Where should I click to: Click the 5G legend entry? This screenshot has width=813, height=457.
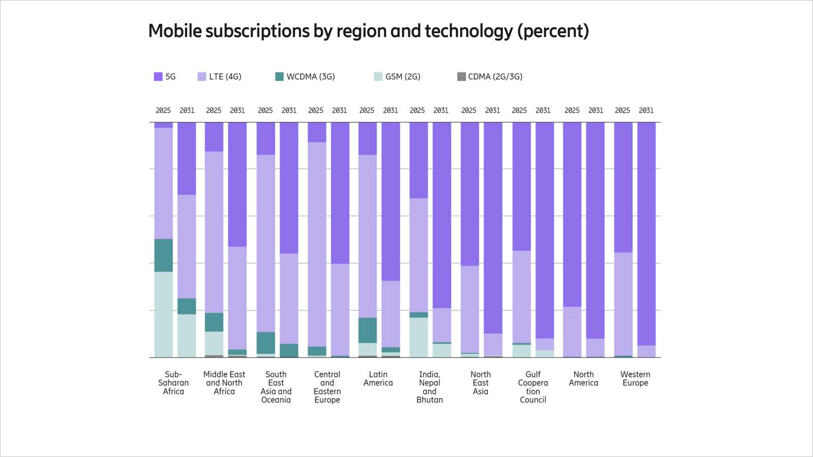tap(165, 77)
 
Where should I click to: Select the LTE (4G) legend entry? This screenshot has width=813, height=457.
tap(220, 77)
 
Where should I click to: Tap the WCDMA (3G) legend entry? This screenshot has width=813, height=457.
tap(305, 77)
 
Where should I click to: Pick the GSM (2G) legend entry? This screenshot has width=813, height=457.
tap(397, 77)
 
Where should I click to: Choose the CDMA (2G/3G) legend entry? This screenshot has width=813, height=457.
tap(490, 77)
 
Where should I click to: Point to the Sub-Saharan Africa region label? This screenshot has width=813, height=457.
tap(173, 383)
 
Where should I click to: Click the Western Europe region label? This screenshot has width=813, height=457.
tap(635, 379)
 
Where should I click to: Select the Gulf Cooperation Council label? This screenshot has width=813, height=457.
tap(533, 387)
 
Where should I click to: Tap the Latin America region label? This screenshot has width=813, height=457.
tap(378, 379)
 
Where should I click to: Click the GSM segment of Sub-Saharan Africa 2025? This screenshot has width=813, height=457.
tap(164, 314)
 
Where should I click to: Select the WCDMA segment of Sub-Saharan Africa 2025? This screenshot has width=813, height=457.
tap(164, 255)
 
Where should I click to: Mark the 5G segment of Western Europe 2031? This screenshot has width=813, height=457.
tap(646, 234)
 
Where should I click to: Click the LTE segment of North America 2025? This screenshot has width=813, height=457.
tap(572, 332)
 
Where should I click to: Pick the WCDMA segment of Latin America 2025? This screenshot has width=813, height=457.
tap(367, 330)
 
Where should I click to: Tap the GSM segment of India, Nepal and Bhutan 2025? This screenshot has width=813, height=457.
tap(419, 337)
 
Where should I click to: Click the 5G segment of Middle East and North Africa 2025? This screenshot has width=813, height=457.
tap(214, 137)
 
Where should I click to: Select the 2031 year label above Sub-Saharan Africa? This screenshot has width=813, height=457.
tap(187, 110)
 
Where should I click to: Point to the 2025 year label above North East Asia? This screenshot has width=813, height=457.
tap(468, 110)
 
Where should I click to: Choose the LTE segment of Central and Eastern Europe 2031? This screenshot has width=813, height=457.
tap(340, 309)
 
